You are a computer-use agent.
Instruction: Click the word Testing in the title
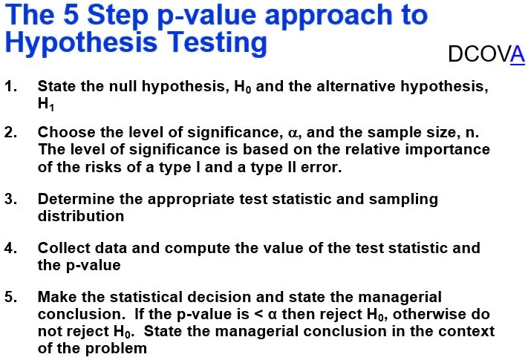pos(217,42)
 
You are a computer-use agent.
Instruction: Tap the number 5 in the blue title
pos(71,15)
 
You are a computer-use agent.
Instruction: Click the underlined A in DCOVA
pos(517,54)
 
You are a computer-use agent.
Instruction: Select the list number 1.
pos(10,86)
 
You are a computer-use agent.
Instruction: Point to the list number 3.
pos(10,199)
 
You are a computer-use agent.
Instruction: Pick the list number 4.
pos(10,248)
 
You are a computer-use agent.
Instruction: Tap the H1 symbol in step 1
pos(46,105)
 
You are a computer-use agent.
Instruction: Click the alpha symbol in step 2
pos(293,133)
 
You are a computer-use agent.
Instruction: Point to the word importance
pos(448,150)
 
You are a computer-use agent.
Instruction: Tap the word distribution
pos(81,216)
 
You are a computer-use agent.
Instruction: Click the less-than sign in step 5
pos(258,314)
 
